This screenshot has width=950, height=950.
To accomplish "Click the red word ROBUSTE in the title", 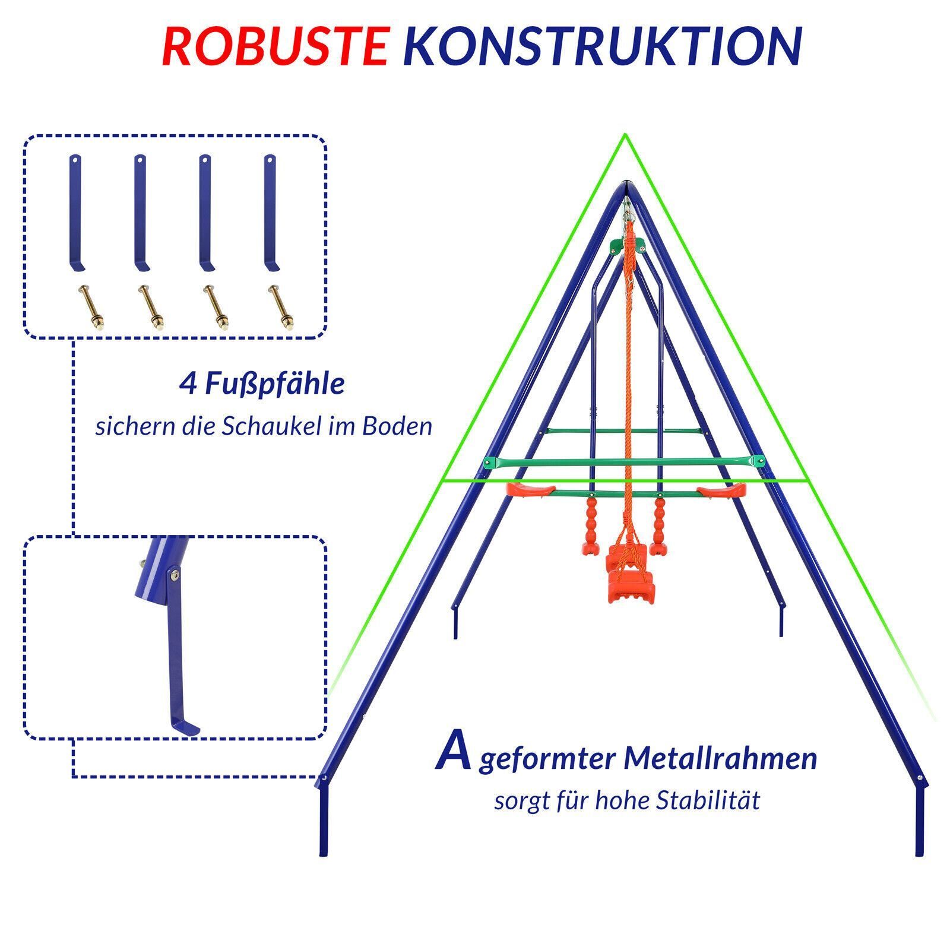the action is (x=275, y=46).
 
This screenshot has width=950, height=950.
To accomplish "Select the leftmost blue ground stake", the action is (x=76, y=213).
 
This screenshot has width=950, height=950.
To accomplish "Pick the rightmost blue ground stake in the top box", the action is (x=271, y=213).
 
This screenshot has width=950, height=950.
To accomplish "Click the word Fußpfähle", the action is (x=275, y=384).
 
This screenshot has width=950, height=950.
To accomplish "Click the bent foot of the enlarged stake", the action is (x=184, y=726).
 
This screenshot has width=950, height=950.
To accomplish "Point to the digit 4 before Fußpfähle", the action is (x=189, y=384).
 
